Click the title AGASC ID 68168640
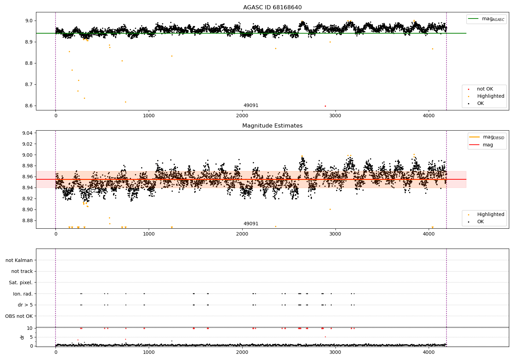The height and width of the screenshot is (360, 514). click(x=272, y=8)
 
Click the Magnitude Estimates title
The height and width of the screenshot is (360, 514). click(x=272, y=126)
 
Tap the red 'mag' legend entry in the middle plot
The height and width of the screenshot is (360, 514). click(x=488, y=145)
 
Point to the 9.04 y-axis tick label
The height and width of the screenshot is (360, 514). click(x=27, y=133)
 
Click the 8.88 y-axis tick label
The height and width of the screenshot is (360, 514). click(x=27, y=220)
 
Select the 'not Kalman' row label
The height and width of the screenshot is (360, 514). click(x=19, y=260)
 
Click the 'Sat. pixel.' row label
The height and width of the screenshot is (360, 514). click(x=21, y=283)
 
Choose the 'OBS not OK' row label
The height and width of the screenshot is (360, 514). click(x=19, y=316)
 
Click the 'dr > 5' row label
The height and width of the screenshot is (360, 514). click(x=25, y=305)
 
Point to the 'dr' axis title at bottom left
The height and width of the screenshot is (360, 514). click(x=22, y=337)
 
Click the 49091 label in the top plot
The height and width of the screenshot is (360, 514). click(x=251, y=106)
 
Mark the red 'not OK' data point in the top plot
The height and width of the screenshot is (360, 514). click(x=325, y=106)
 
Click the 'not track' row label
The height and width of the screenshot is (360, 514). click(x=22, y=271)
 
